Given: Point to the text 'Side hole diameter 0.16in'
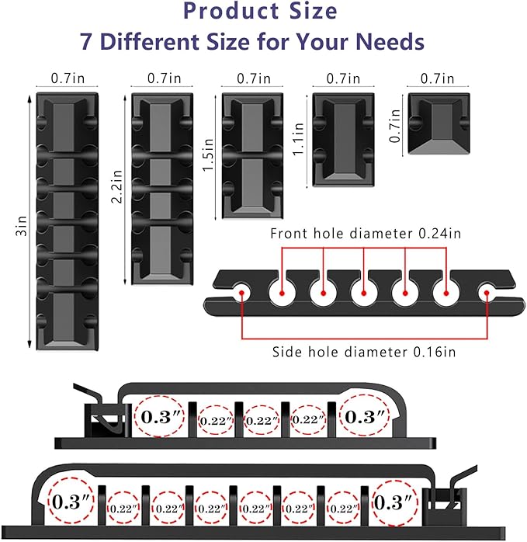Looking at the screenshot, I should (x=363, y=352).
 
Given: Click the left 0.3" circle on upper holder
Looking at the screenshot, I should (x=159, y=416).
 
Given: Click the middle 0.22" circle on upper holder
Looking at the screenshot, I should (x=262, y=420).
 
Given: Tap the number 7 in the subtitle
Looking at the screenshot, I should (x=88, y=41).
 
